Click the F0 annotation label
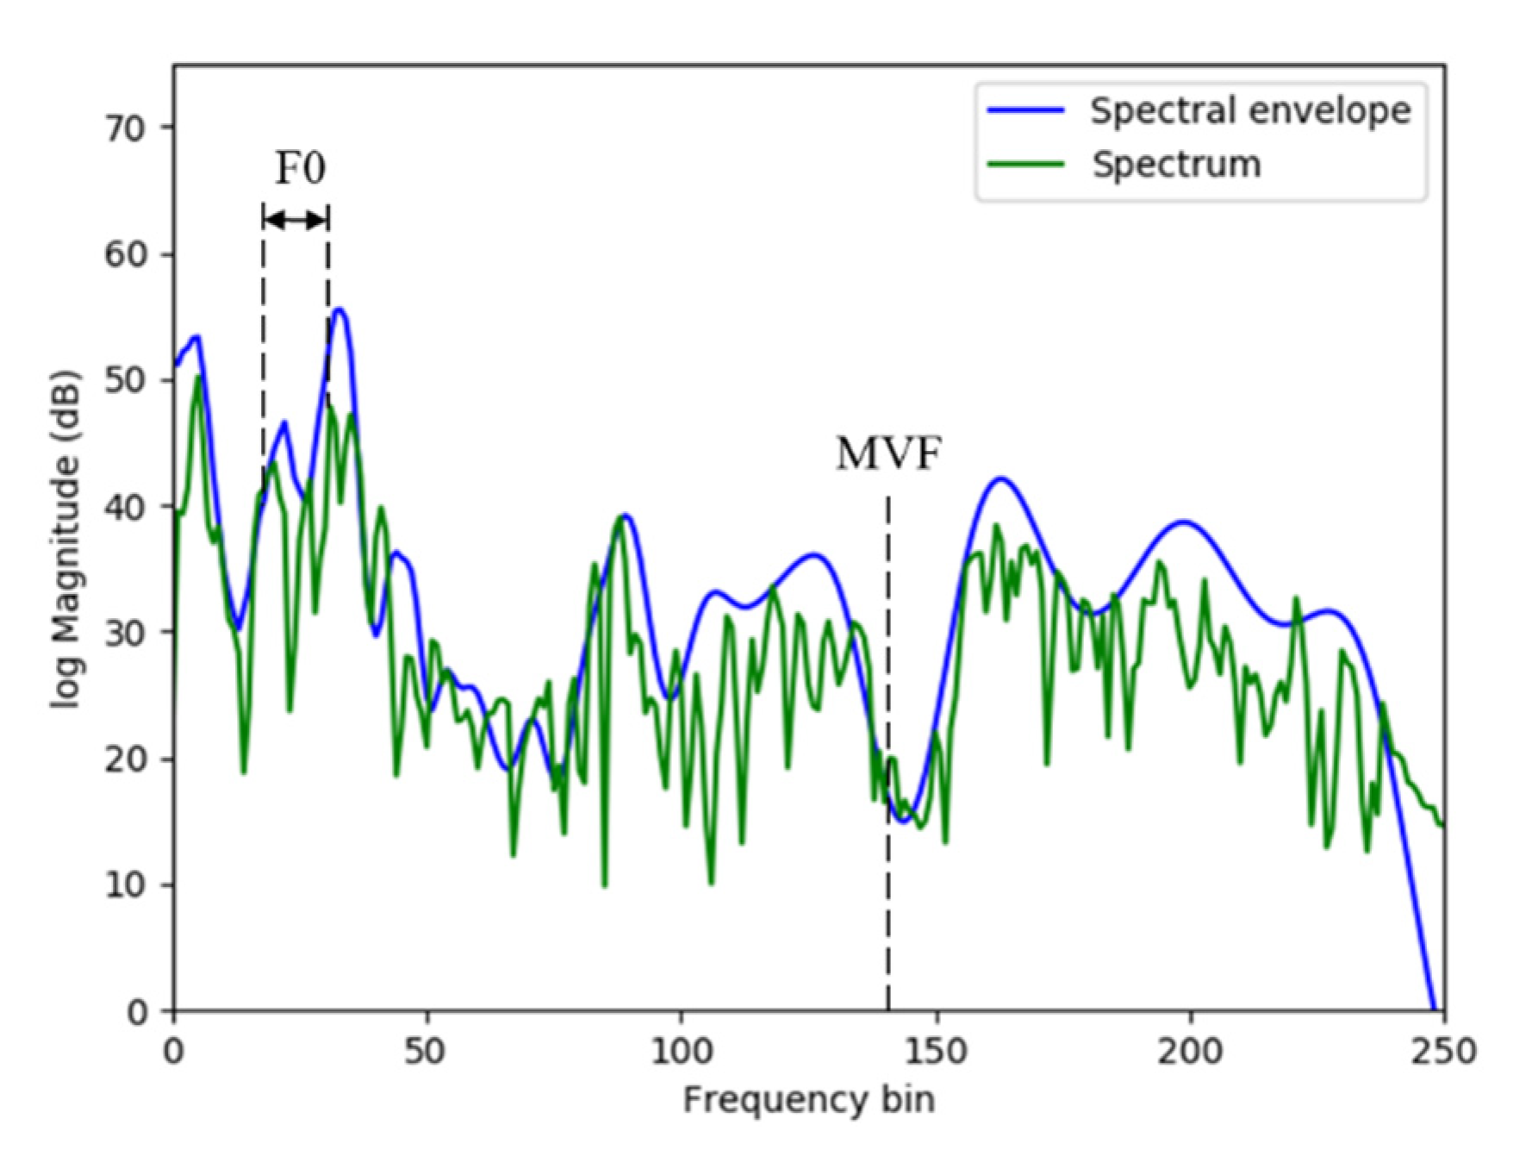tap(300, 168)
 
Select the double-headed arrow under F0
tap(296, 221)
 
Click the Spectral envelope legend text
tap(1250, 111)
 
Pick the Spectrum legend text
tap(1176, 165)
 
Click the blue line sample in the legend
tap(1025, 110)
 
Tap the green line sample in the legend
tap(1025, 164)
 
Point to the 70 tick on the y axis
tap(125, 128)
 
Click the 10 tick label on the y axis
tap(125, 885)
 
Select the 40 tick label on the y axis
tap(125, 507)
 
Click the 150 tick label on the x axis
tap(936, 1052)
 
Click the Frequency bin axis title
tap(808, 1101)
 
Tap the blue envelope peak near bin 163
tap(1000, 478)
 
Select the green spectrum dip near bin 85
tap(604, 884)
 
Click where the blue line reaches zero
tap(1434, 1009)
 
